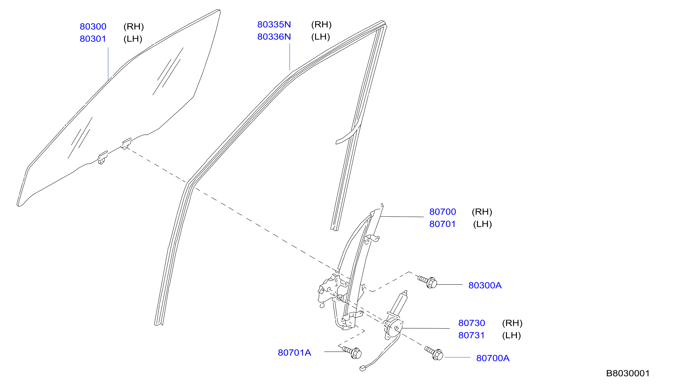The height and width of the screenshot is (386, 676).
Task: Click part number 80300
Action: coord(93,27)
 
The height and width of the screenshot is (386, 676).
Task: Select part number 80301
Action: coord(93,39)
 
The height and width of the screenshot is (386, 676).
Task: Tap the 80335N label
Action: coord(274,24)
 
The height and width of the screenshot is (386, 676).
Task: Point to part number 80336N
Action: coord(274,37)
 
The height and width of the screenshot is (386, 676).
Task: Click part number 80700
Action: coord(442,211)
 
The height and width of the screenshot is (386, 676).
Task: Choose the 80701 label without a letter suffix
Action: coord(442,224)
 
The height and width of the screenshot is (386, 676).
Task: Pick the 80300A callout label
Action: coord(485,285)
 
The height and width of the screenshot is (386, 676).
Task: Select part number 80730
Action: coord(471,323)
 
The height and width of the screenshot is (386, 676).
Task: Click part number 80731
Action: coord(471,335)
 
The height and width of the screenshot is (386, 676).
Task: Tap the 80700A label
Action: coord(493,358)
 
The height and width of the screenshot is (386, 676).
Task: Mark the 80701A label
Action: coord(294,353)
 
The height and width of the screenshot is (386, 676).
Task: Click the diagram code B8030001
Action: coord(627,373)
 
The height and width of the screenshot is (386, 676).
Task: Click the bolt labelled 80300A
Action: coord(428,282)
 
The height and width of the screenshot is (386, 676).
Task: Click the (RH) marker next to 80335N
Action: coord(321,24)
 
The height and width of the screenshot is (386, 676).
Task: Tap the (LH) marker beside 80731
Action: coord(511,335)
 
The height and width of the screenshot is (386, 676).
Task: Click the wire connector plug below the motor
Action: coord(362,368)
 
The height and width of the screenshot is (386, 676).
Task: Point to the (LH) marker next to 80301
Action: coord(133,39)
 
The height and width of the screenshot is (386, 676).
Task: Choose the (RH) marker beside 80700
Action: coord(482,211)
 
